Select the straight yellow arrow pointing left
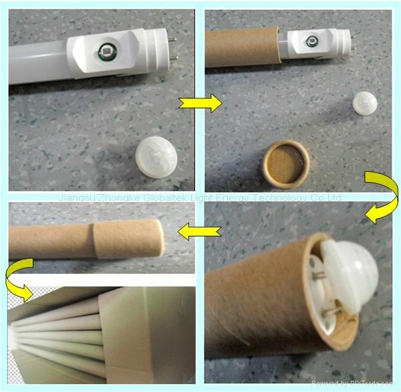200,231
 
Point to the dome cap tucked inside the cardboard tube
348,268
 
